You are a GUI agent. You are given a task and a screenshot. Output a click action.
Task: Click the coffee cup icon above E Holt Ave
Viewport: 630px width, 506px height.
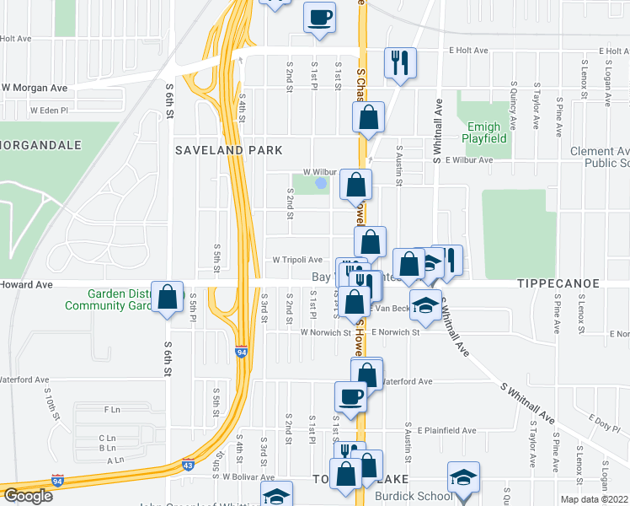pos(319,17)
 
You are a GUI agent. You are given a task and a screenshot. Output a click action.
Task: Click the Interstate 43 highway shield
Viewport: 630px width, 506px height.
pos(188,464)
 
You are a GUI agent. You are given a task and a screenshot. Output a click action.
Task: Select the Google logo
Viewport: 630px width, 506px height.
pos(28,496)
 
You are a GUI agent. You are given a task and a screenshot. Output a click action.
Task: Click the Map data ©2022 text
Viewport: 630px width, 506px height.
pos(595,499)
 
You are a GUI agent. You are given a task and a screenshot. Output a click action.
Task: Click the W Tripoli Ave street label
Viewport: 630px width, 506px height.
pos(296,261)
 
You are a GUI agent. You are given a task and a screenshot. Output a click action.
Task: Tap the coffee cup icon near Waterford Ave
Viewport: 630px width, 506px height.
pos(350,396)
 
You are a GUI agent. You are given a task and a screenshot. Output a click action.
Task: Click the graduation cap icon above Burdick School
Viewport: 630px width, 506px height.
pos(462,476)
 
